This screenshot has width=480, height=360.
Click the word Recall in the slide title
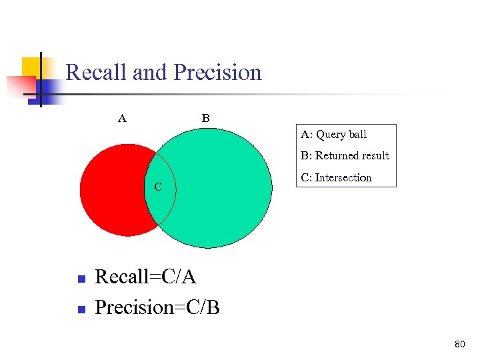[x=97, y=72]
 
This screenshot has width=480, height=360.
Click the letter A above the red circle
[x=122, y=119]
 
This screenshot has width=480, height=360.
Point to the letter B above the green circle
[x=206, y=119]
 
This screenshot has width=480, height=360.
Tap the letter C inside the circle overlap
[x=158, y=187]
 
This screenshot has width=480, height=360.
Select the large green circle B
[x=220, y=187]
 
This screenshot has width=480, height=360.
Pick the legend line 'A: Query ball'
[x=333, y=134]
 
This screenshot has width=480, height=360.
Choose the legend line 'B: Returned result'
[x=345, y=155]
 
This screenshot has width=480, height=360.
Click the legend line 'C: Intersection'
[x=336, y=177]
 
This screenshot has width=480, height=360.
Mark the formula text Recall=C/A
[x=146, y=276]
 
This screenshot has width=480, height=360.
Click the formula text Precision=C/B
[x=157, y=307]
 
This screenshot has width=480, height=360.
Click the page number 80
[x=459, y=345]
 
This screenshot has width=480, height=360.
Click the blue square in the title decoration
[x=51, y=90]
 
